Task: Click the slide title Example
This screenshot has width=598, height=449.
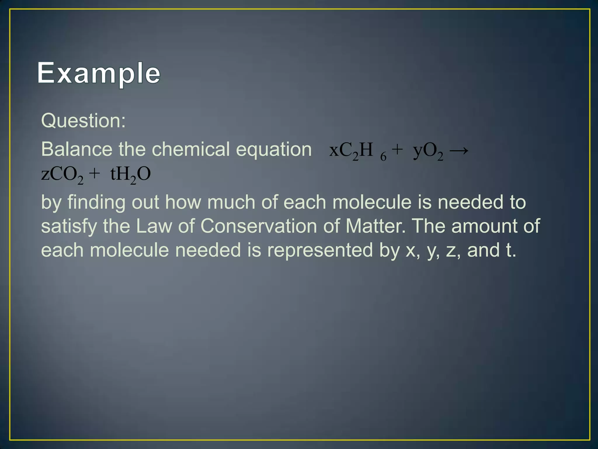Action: point(99,73)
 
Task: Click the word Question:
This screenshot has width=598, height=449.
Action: point(83,120)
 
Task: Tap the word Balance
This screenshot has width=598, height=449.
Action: point(77,149)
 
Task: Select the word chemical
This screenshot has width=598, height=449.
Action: point(191,149)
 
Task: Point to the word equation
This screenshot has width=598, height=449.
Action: point(274,150)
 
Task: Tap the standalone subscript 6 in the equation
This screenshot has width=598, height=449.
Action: point(383,157)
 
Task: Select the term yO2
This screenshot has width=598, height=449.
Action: point(428,151)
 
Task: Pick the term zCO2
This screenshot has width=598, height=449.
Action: point(62,175)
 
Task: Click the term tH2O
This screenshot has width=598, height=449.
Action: point(131,175)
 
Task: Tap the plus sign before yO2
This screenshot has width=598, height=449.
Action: point(397,150)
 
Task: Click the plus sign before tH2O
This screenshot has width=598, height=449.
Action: point(94,174)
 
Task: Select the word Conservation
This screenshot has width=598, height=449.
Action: point(259,226)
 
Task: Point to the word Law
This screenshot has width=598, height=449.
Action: point(154,226)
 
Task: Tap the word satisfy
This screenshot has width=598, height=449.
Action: point(69,227)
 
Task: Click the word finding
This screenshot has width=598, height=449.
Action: point(96,202)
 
